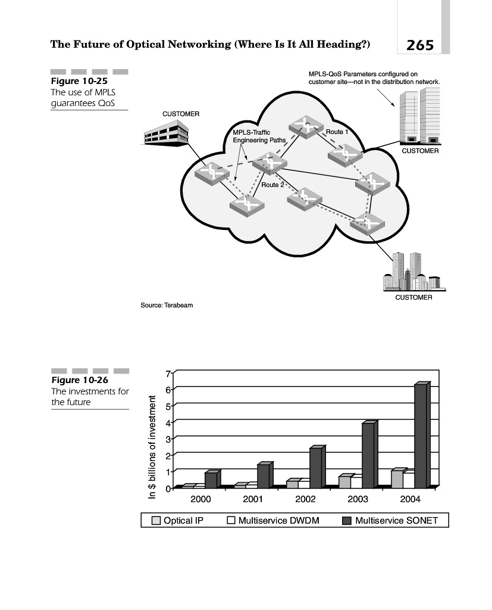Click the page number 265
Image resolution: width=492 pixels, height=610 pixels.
[x=420, y=45]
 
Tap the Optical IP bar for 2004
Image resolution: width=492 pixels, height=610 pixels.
[x=397, y=479]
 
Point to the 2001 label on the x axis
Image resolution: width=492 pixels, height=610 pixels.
[x=253, y=499]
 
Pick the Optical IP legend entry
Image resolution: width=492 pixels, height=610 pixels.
[x=178, y=521]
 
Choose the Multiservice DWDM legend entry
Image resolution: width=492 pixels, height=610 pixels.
[x=273, y=521]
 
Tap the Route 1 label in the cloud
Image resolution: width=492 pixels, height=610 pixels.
[x=337, y=131]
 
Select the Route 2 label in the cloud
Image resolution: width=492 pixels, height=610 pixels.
[x=274, y=185]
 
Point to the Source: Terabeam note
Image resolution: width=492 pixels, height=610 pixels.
[x=167, y=306]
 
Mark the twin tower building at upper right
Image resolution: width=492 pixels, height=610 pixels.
[x=421, y=116]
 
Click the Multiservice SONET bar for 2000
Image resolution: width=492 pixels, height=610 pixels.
[x=211, y=480]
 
